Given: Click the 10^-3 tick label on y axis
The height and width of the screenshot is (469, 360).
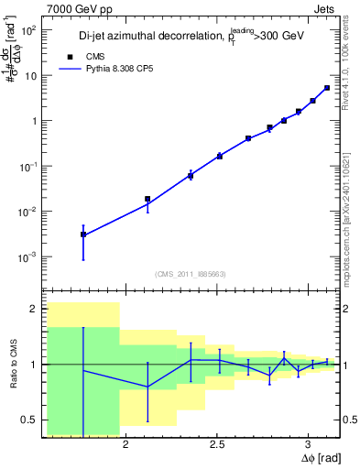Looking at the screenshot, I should pos(27,257).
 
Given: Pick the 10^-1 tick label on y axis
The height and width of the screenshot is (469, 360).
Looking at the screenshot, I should pos(27,167).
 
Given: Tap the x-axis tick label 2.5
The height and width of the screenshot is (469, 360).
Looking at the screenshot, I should pos(217,445).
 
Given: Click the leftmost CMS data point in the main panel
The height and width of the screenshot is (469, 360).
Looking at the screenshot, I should pos(83,234).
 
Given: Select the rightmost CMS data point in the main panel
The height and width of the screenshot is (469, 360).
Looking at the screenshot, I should pos(327,88).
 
